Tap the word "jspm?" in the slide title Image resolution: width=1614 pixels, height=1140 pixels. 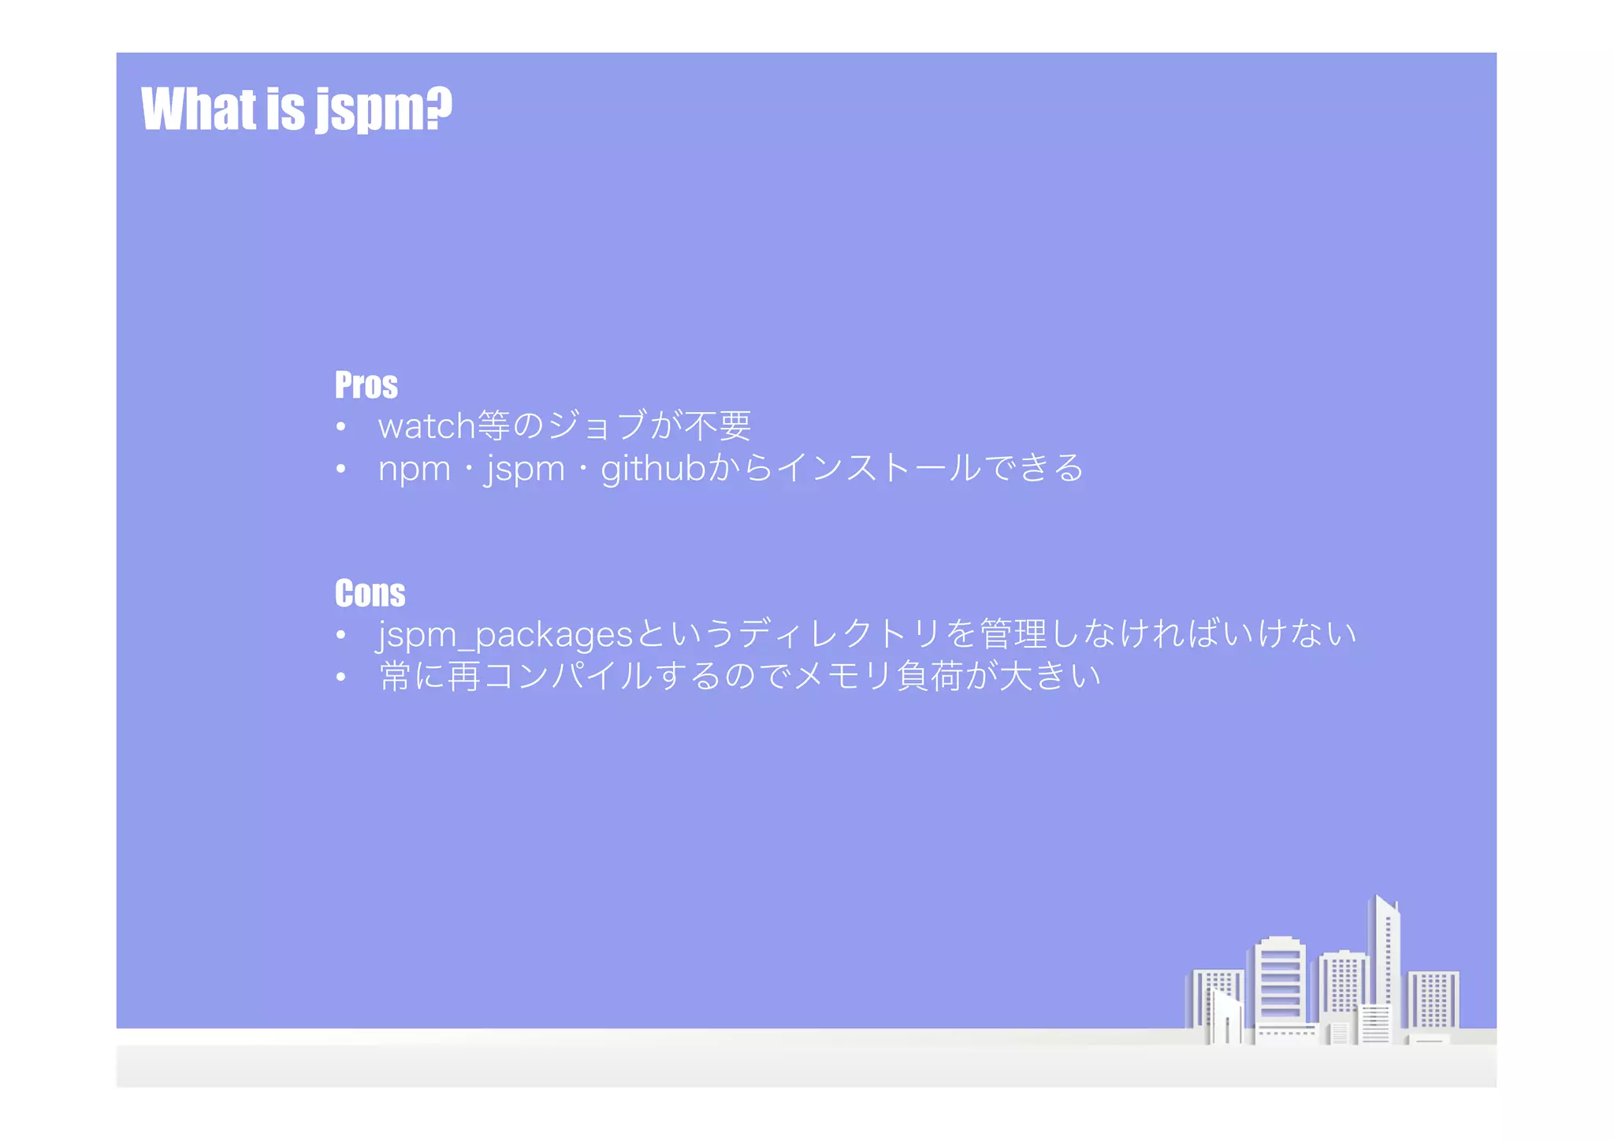384,110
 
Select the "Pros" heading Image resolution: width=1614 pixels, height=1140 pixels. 366,385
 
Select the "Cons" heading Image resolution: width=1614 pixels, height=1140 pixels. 370,593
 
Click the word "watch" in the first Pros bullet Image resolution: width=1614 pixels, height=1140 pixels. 426,426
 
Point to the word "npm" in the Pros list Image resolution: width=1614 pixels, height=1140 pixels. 414,469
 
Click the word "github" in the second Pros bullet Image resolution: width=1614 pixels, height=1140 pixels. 653,469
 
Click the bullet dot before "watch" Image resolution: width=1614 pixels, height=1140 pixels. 340,427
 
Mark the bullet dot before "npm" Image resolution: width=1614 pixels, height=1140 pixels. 340,469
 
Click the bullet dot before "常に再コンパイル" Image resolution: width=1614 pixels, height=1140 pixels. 340,677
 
